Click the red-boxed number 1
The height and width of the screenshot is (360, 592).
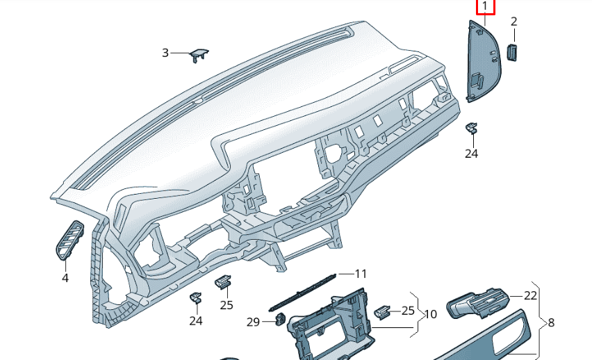coord(485,6)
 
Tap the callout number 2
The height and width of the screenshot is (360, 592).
coord(514,22)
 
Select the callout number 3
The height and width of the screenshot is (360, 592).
coord(165,53)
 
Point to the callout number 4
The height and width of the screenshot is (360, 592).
coord(65,278)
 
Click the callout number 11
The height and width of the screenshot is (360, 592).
coord(361,274)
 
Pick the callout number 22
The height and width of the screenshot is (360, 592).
coord(530,295)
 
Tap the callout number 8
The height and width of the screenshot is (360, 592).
coord(551,323)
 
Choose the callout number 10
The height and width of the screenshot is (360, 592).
coord(430,314)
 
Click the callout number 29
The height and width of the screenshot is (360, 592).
coord(254,322)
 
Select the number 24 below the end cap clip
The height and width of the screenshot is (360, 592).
coord(472,154)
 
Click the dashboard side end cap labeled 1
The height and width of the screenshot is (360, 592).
coord(484,61)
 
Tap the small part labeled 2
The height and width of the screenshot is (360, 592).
coord(512,53)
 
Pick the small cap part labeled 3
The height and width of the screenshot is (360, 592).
coord(198,55)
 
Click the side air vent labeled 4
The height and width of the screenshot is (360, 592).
coord(70,240)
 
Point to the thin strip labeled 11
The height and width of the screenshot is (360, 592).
coord(302,292)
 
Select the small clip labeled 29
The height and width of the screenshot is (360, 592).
coord(280,318)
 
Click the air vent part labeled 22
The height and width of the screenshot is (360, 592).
coord(478,304)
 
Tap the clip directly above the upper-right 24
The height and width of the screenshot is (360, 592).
coord(471,128)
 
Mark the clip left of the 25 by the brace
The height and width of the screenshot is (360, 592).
coord(382,312)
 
